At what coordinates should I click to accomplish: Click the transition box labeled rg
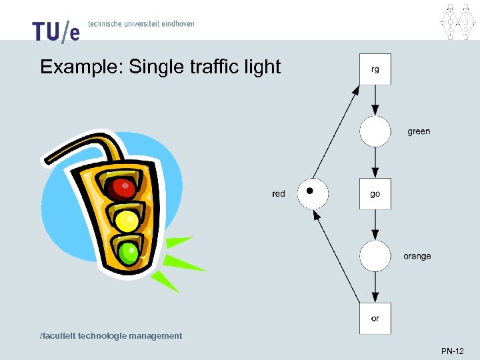(x=375, y=69)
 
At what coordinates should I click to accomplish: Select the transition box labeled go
(x=375, y=194)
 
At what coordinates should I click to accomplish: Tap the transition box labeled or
(x=375, y=318)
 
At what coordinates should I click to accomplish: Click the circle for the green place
(x=375, y=131)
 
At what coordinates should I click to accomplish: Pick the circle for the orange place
(x=375, y=256)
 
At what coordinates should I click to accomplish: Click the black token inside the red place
(x=309, y=191)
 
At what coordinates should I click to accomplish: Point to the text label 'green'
(x=419, y=131)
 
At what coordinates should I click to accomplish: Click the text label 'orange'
(x=417, y=256)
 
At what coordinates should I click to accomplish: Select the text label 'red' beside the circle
(x=279, y=194)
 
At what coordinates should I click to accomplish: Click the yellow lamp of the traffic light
(x=127, y=219)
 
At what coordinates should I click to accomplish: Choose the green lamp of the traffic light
(x=129, y=251)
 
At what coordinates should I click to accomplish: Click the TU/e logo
(x=56, y=31)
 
